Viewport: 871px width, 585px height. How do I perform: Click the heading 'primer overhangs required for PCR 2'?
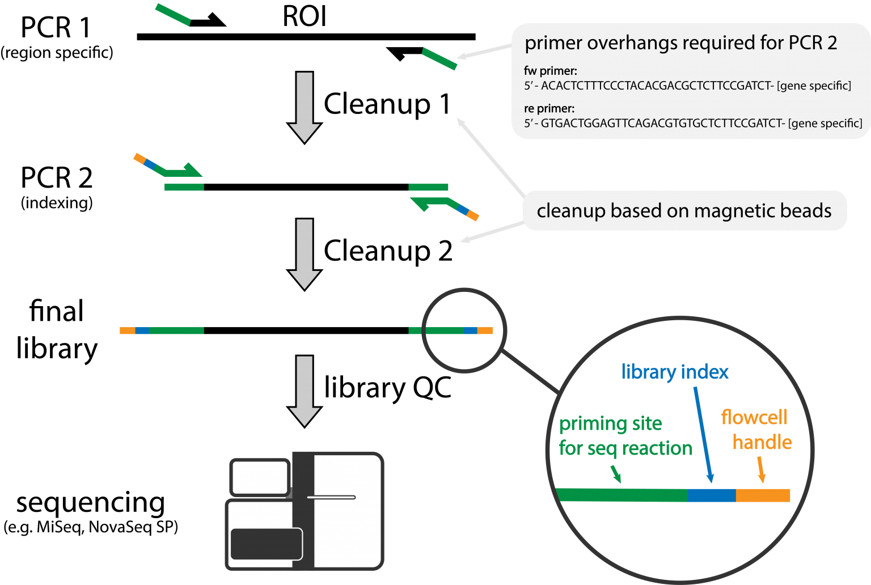pos(680,43)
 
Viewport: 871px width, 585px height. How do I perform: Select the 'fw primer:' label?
pos(551,71)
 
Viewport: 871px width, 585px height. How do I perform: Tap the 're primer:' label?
pos(549,109)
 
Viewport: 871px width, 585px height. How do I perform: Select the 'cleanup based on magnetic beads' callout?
pos(684,211)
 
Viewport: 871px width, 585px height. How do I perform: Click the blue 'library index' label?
pos(674,372)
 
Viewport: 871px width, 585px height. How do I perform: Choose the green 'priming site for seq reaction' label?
pos(624,436)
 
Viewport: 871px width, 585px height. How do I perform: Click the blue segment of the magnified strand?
pos(712,495)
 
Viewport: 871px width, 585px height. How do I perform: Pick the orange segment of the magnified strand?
pos(763,495)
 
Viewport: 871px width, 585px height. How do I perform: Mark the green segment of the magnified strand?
pos(621,495)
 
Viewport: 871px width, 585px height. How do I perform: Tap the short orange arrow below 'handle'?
pos(761,470)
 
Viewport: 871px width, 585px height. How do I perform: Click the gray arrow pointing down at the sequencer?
pos(305,391)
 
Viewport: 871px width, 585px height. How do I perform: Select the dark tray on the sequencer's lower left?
pos(266,544)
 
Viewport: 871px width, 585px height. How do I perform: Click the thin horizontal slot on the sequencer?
pos(331,497)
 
